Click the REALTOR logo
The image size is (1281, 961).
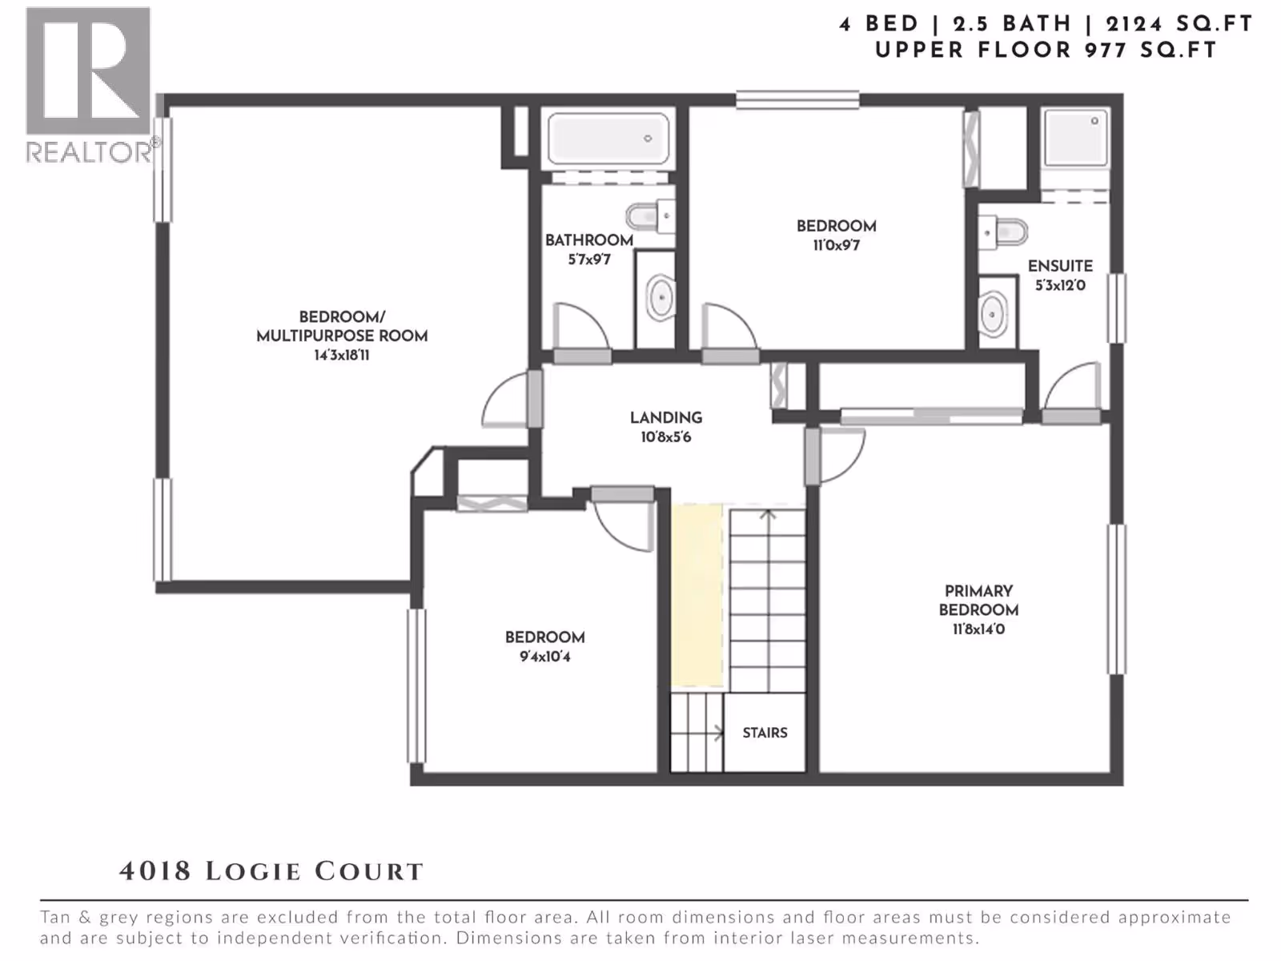pyautogui.click(x=91, y=85)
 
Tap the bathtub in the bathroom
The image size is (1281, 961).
pyautogui.click(x=608, y=139)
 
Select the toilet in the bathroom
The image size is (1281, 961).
pyautogui.click(x=651, y=216)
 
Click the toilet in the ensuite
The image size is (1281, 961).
pyautogui.click(x=1002, y=232)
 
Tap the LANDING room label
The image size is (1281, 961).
pyautogui.click(x=666, y=418)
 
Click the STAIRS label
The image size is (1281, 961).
pyautogui.click(x=765, y=733)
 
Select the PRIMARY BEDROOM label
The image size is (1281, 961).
pyautogui.click(x=978, y=601)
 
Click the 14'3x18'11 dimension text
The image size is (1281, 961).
pyautogui.click(x=341, y=356)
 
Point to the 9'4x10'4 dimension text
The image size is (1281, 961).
pyautogui.click(x=545, y=657)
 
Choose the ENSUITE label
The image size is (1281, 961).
pyautogui.click(x=1060, y=267)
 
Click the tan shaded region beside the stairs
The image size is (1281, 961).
pyautogui.click(x=697, y=595)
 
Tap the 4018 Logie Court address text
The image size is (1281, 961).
pyautogui.click(x=271, y=872)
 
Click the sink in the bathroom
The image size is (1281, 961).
pyautogui.click(x=661, y=298)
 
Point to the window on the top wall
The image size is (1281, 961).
pyautogui.click(x=797, y=100)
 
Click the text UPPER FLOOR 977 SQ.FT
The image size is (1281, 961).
pyautogui.click(x=1046, y=50)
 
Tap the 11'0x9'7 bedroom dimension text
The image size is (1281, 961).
pyautogui.click(x=837, y=245)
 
